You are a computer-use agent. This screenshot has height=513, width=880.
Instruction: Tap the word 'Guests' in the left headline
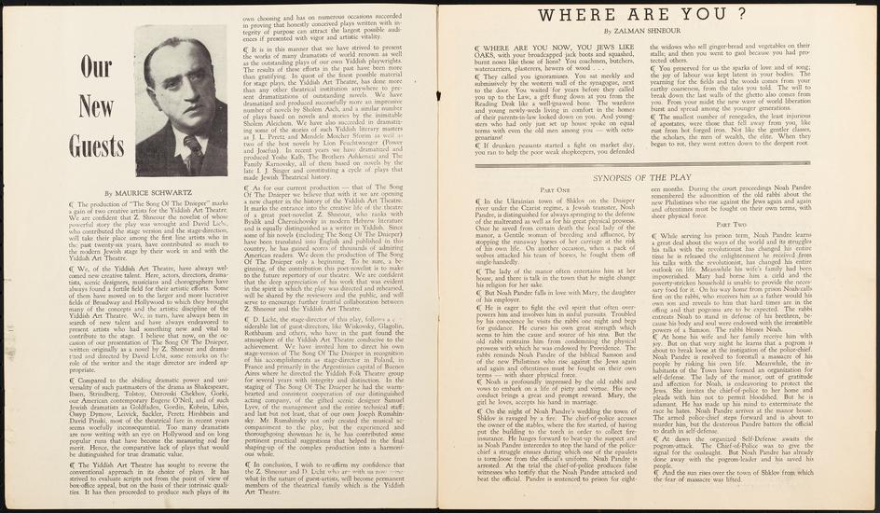(99, 147)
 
